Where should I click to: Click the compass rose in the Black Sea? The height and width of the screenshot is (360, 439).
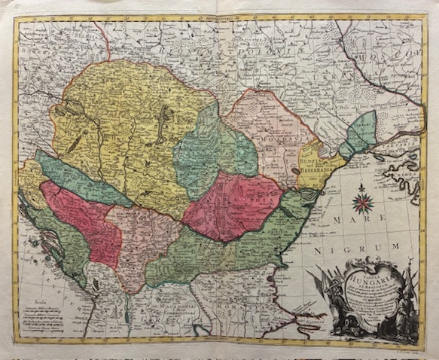[364, 200]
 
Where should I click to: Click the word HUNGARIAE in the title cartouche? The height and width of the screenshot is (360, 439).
[365, 276]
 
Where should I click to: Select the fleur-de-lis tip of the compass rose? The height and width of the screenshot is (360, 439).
[364, 186]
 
